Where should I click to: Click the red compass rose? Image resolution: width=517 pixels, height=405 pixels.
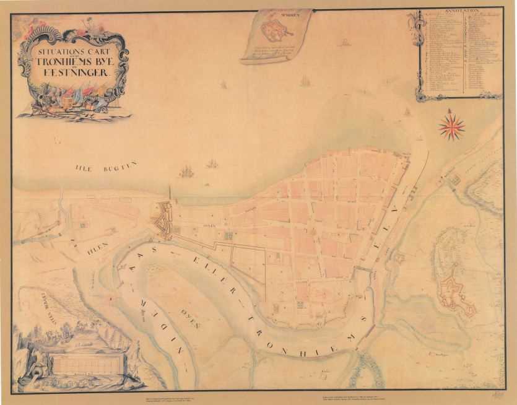[451, 126]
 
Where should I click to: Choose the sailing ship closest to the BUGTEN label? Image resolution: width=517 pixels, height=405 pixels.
[186, 171]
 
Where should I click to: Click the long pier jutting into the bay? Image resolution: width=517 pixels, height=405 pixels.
[170, 192]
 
